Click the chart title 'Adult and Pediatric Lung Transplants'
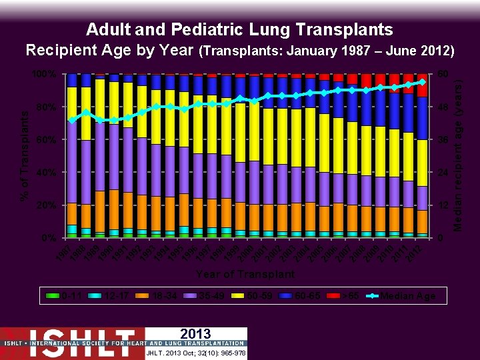point(239,30)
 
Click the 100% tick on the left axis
point(44,73)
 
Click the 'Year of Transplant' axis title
point(245,274)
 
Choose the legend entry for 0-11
point(67,295)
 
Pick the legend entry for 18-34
point(159,295)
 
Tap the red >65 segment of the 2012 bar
point(422,85)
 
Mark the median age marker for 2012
point(422,81)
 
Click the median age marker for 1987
point(72,120)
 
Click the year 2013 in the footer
point(195,334)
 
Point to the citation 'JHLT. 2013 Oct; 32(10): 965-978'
point(196,353)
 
